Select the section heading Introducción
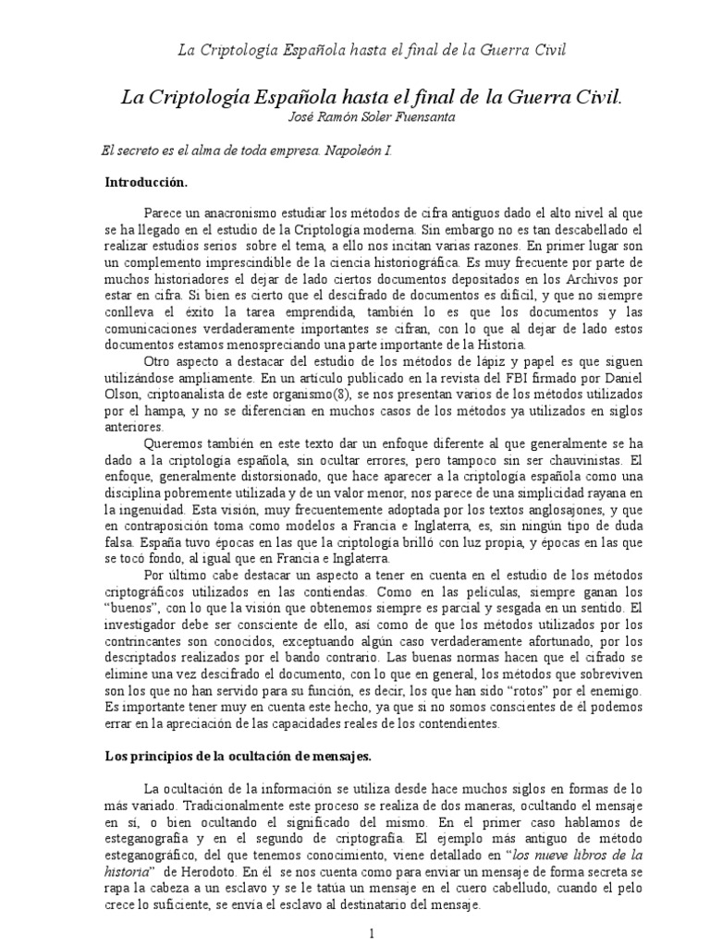point(148,183)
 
